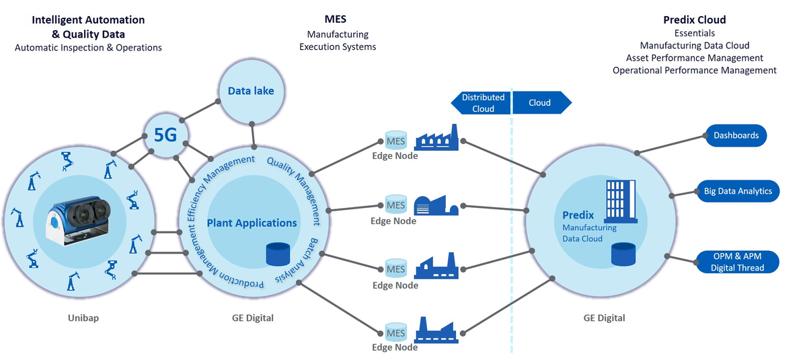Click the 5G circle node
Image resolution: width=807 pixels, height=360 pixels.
165,135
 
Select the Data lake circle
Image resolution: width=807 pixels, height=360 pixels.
251,90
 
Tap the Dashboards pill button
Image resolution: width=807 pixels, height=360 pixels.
736,135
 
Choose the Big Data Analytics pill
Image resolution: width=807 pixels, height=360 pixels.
738,191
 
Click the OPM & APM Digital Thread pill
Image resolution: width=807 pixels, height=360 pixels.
738,262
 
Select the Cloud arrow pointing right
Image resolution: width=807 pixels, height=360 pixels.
541,103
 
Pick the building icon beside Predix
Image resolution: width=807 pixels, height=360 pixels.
621,201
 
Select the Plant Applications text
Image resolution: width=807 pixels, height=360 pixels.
252,223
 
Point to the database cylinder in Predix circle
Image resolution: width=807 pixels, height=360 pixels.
623,255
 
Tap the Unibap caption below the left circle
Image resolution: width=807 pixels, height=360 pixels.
83,318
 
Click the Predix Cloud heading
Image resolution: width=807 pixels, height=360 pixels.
694,20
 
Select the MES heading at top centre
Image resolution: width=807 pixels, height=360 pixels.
337,20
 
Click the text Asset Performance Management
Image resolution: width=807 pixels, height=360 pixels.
694,58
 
